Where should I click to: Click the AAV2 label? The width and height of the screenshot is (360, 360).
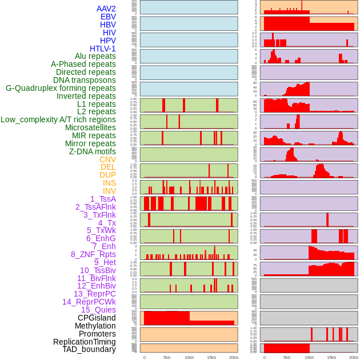tap(106, 9)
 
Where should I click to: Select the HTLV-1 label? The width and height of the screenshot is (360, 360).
tap(103, 49)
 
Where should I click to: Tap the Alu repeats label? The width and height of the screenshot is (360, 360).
tap(95, 56)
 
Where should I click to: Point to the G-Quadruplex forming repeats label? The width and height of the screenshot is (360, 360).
tap(61, 88)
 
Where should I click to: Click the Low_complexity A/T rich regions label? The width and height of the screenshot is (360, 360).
tap(58, 119)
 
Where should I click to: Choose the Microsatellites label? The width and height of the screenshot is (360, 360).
tap(90, 127)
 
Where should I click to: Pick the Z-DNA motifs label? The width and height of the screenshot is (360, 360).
tap(93, 151)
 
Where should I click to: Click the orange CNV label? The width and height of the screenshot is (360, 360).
tap(107, 159)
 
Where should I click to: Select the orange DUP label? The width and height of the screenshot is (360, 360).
tap(107, 175)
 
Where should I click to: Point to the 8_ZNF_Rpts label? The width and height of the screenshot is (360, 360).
tap(93, 254)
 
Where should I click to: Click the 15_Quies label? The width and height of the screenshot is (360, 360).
tap(98, 310)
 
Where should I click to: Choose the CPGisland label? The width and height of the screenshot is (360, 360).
tap(97, 318)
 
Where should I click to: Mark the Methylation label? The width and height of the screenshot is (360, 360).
tap(95, 326)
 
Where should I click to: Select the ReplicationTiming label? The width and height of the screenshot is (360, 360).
tap(84, 342)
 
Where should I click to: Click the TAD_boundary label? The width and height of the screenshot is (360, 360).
tap(89, 349)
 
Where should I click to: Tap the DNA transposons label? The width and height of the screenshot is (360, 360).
tap(85, 80)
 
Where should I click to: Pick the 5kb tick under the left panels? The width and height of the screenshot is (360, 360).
tap(167, 357)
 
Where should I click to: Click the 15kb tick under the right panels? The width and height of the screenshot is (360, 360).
tap(331, 357)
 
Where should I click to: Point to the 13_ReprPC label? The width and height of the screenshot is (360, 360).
tap(95, 294)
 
